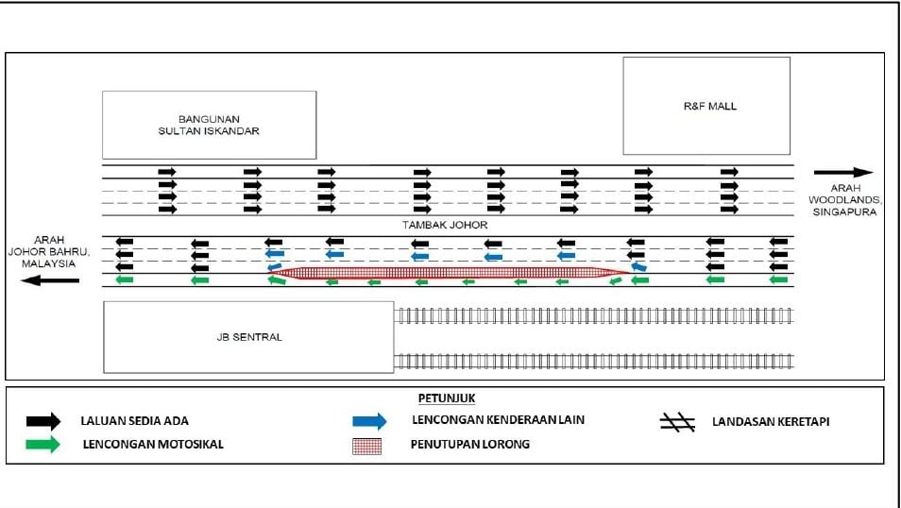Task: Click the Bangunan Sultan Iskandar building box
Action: pyautogui.click(x=209, y=125)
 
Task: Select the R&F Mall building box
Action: pyautogui.click(x=706, y=106)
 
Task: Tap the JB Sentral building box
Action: pyautogui.click(x=248, y=337)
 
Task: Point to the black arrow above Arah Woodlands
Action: pyautogui.click(x=843, y=173)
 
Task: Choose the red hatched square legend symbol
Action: pyautogui.click(x=366, y=445)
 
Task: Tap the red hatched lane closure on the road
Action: pyautogui.click(x=449, y=274)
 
